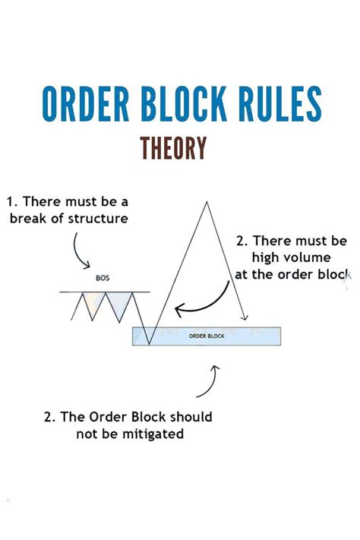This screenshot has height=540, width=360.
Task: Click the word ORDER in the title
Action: pos(85,104)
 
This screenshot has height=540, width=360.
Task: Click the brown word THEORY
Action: pos(174,147)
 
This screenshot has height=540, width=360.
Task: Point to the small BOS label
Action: pos(103,278)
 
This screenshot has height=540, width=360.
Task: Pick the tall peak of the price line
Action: pos(204,201)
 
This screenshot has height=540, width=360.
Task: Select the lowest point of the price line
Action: pos(149,344)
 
